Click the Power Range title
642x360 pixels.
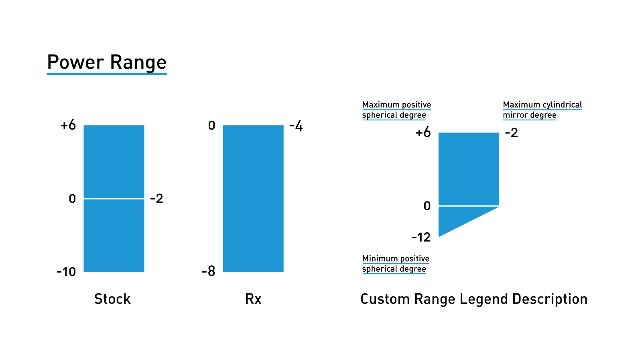pyautogui.click(x=107, y=63)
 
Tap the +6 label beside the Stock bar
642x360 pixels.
pyautogui.click(x=68, y=125)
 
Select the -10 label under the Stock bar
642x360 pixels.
pyautogui.click(x=66, y=272)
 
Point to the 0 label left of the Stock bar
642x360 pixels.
pyautogui.click(x=72, y=199)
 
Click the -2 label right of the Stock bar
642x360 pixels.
pyautogui.click(x=156, y=199)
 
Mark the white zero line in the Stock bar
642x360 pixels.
pyautogui.click(x=114, y=198)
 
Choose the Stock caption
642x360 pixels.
pyautogui.click(x=112, y=299)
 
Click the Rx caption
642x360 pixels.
pyautogui.click(x=253, y=299)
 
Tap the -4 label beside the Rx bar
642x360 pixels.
pyautogui.click(x=296, y=126)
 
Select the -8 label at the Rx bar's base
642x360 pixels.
pyautogui.click(x=209, y=272)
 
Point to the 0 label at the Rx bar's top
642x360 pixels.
pyautogui.click(x=211, y=126)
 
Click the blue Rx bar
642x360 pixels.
pyautogui.click(x=253, y=199)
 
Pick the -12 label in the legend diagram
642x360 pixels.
pyautogui.click(x=421, y=237)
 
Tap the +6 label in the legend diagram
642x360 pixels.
pyautogui.click(x=423, y=132)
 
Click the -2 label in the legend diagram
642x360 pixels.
pyautogui.click(x=512, y=132)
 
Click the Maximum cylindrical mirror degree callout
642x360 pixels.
pyautogui.click(x=542, y=110)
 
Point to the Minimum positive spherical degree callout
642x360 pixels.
pyautogui.click(x=396, y=264)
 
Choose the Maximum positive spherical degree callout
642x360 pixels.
pyautogui.click(x=396, y=110)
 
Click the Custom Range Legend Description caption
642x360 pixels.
pyautogui.click(x=474, y=299)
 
